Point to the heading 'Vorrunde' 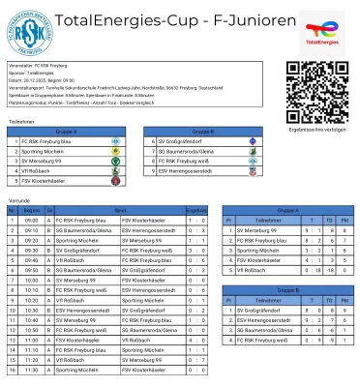click(18, 200)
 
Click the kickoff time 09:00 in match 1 click(31, 219)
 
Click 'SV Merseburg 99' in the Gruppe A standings click(257, 229)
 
